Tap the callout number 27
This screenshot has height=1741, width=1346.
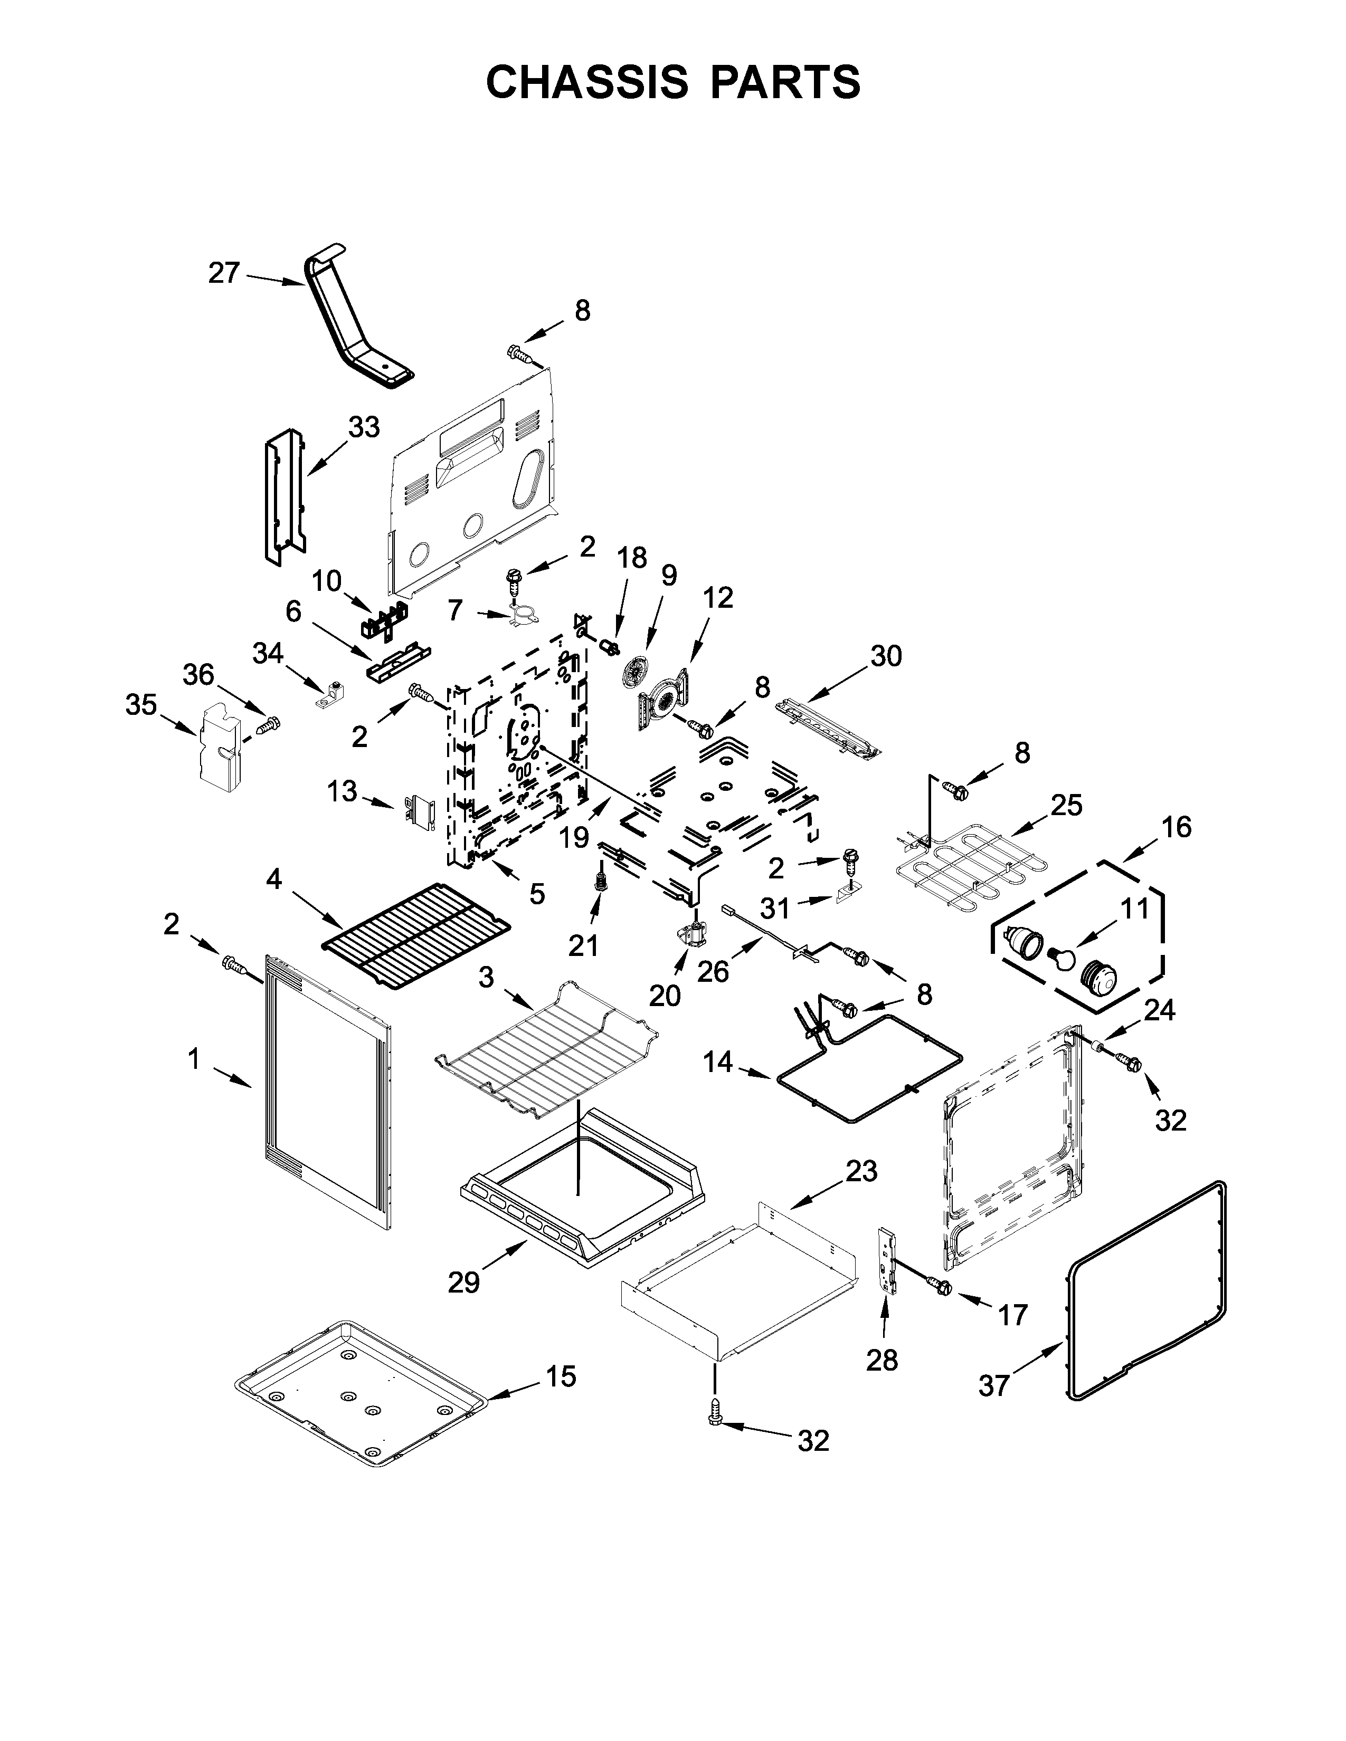tap(223, 273)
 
